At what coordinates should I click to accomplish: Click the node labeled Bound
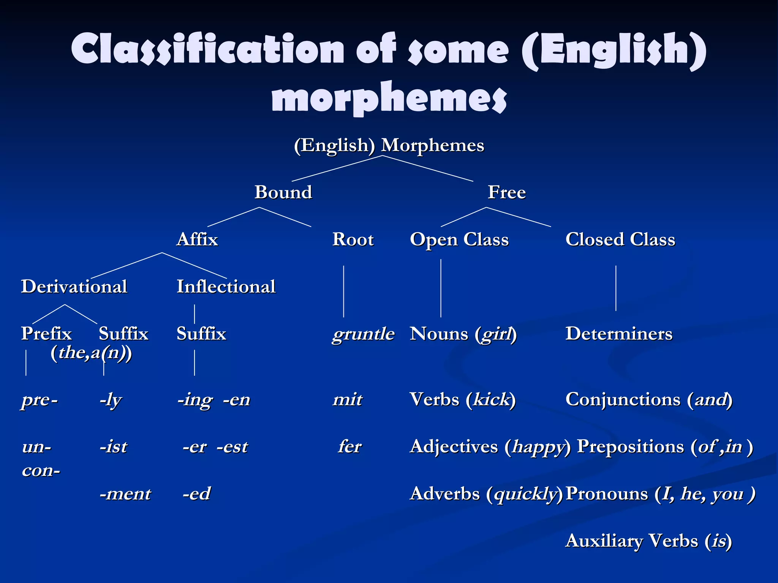283,192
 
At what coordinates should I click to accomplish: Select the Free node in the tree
507,192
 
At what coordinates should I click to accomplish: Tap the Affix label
197,240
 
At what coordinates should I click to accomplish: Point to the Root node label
353,240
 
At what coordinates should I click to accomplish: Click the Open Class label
459,240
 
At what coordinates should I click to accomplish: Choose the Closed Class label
620,240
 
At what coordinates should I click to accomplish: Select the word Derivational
74,287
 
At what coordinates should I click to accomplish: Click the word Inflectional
226,287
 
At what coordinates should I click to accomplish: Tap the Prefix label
46,334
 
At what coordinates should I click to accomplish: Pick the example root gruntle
364,334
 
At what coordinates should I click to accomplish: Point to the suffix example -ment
125,494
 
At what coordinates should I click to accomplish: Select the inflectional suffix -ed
196,494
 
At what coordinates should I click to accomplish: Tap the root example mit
348,400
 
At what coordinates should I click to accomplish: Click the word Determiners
619,334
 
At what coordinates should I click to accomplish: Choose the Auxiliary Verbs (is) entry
648,541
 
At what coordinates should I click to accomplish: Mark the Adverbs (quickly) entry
486,494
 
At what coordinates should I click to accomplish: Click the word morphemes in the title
389,98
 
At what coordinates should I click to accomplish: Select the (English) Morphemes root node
389,145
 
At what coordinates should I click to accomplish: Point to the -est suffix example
232,447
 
